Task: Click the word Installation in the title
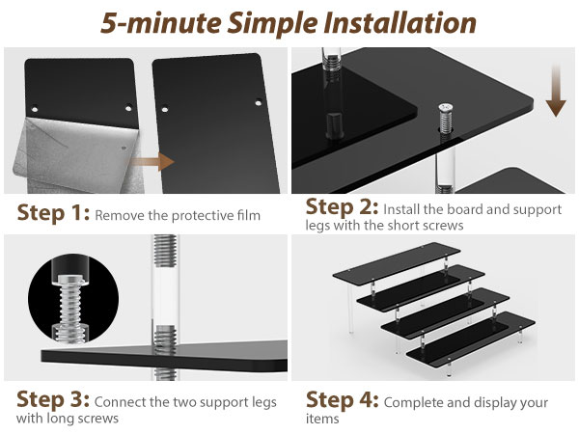coord(400,23)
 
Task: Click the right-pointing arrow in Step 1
coord(152,162)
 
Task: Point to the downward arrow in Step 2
coord(556,92)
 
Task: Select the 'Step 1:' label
coord(53,213)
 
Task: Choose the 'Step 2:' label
coord(342,207)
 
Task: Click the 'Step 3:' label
coord(53,399)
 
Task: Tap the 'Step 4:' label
coord(342,400)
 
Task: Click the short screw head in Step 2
coord(446,108)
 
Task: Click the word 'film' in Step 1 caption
coord(250,215)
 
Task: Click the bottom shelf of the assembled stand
coord(471,339)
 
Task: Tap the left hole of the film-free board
coord(165,109)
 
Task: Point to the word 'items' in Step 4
coord(322,419)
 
